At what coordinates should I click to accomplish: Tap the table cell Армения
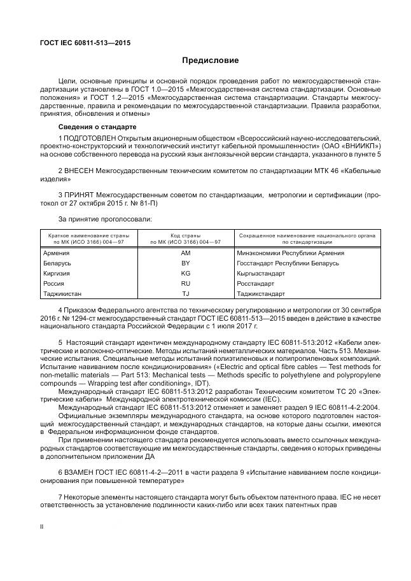coord(56,253)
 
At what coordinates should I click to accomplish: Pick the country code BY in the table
coord(186,263)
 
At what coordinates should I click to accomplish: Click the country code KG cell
coord(186,273)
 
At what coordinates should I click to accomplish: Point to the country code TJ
coord(186,293)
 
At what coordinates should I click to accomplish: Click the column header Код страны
coord(186,235)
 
